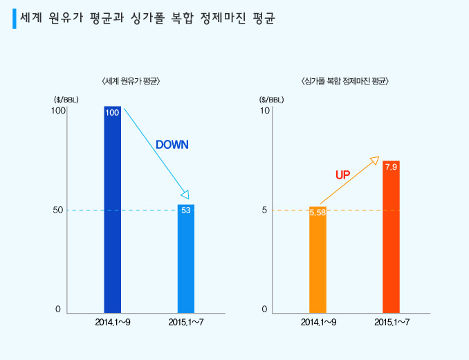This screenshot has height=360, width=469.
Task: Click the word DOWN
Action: click(172, 145)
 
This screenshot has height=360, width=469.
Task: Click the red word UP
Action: click(343, 175)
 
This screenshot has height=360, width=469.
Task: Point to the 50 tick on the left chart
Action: click(59, 210)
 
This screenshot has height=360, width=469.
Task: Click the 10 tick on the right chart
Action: click(264, 111)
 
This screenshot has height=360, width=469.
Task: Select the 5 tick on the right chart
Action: click(264, 210)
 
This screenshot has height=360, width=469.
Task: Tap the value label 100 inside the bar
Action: click(112, 113)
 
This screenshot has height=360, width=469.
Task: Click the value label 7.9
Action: click(391, 167)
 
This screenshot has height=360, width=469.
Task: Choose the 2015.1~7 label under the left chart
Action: click(185, 323)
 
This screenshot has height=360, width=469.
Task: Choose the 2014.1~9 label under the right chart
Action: click(318, 323)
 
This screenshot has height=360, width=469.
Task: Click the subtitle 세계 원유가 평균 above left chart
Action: click(131, 81)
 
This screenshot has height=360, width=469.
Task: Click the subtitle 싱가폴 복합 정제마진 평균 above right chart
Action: click(345, 81)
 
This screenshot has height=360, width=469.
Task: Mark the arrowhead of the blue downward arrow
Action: click(185, 195)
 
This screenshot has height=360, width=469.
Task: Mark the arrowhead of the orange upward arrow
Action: click(375, 160)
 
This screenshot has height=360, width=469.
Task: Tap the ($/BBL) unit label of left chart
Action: click(66, 99)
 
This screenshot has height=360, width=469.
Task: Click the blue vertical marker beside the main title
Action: click(15, 19)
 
